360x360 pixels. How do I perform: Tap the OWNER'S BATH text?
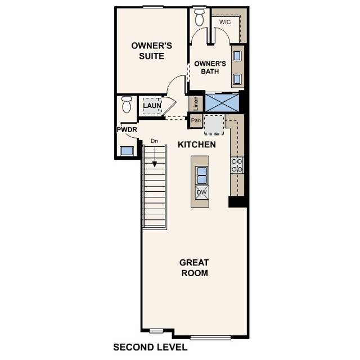(210, 67)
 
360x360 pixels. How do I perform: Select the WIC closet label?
(225, 22)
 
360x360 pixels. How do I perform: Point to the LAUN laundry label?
(151, 106)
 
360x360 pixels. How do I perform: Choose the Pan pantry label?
(196, 120)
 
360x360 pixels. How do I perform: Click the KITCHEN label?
(197, 145)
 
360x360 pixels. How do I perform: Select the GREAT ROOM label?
(194, 268)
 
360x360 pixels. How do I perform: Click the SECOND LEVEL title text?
(150, 347)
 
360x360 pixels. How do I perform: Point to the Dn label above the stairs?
(154, 141)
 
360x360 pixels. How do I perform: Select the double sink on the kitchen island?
(201, 176)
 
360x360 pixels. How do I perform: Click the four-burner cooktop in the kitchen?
(237, 165)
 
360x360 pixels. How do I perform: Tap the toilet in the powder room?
(127, 105)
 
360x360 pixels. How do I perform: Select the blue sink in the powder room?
(127, 151)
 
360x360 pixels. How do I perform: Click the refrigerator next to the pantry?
(214, 124)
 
